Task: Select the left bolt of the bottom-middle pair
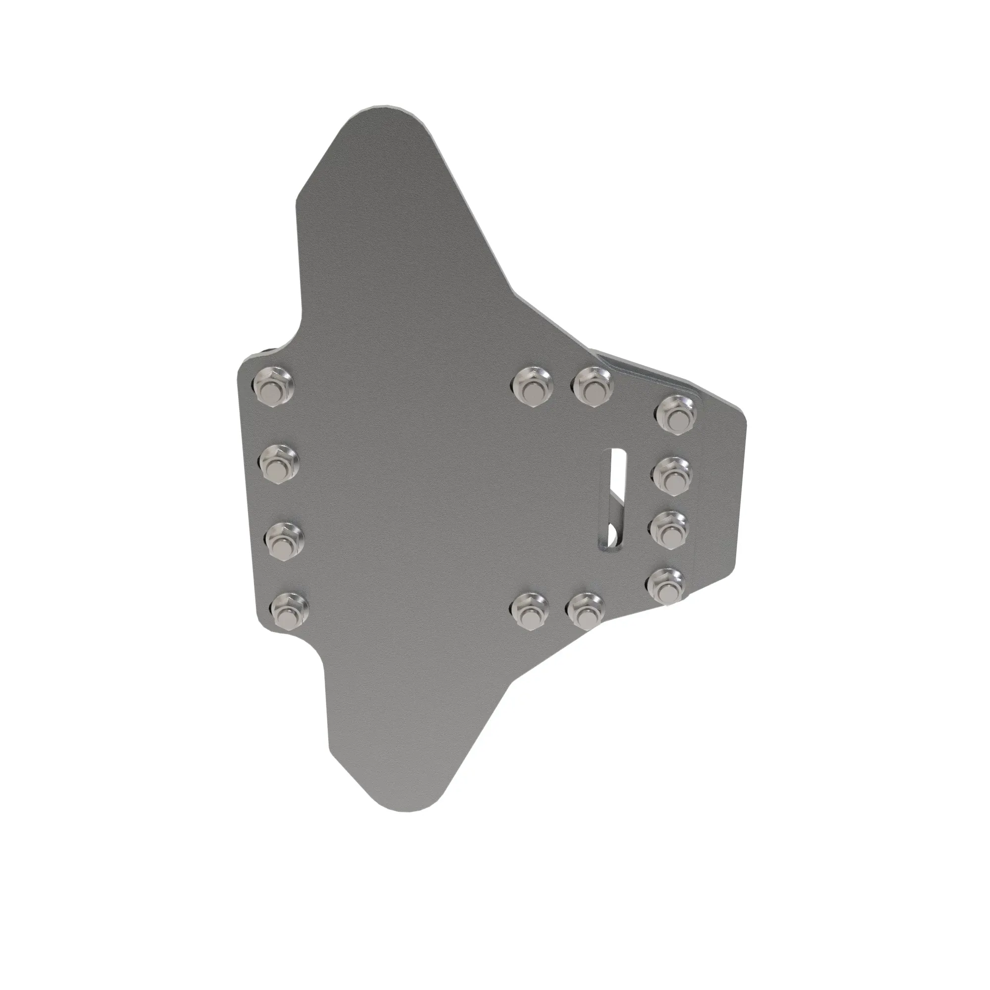pyautogui.click(x=530, y=611)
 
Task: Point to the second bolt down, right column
pyautogui.click(x=673, y=475)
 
